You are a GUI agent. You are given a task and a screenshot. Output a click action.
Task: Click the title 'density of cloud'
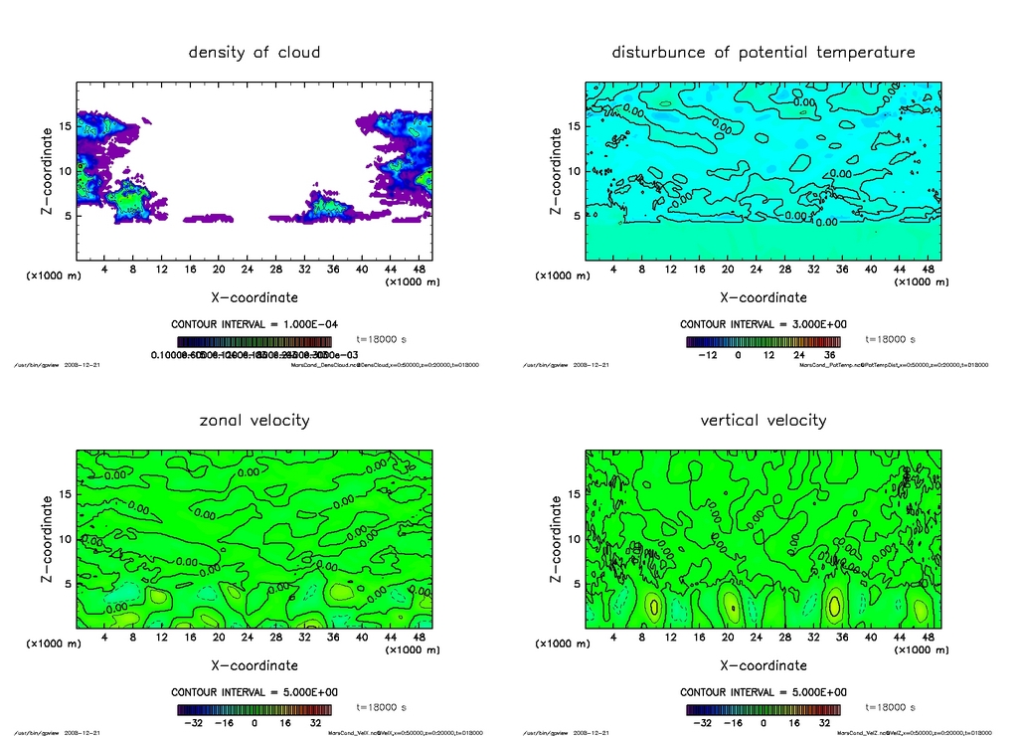[254, 52]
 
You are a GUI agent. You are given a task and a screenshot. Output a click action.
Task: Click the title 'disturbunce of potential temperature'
[763, 52]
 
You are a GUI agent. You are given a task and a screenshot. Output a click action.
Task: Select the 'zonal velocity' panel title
[254, 420]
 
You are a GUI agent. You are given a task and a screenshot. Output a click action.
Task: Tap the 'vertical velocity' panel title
[763, 420]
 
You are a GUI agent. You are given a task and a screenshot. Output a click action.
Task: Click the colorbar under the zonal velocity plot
[254, 710]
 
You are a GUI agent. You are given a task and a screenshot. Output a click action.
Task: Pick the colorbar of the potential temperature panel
[763, 341]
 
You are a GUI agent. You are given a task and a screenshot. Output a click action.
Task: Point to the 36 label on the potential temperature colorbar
[829, 355]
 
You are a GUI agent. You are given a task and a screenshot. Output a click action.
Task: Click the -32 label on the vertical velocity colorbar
[701, 723]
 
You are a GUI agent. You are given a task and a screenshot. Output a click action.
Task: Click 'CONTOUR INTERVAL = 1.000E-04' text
[254, 325]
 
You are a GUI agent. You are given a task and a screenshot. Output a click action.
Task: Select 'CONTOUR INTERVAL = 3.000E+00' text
[763, 325]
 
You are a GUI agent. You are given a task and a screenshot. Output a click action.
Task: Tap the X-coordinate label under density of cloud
[254, 296]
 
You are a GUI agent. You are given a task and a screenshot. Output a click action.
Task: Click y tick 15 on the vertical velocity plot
[575, 494]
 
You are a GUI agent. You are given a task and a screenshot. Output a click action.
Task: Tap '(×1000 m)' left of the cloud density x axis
[53, 276]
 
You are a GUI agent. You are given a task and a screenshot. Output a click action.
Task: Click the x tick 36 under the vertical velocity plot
[841, 638]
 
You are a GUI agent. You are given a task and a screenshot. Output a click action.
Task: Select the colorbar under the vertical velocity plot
[763, 710]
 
